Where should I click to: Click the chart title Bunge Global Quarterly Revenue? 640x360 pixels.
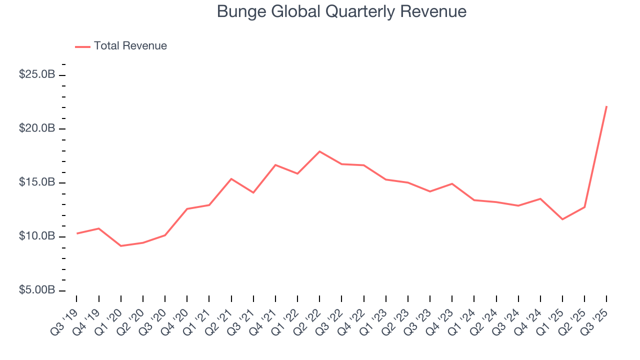click(341, 11)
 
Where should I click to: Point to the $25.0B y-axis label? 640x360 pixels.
click(37, 74)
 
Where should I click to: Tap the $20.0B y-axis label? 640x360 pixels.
click(37, 128)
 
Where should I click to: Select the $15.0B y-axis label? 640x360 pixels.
click(37, 182)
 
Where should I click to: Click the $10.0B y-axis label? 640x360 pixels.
click(37, 236)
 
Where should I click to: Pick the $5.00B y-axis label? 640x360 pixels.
click(37, 290)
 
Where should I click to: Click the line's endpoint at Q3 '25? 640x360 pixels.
click(606, 106)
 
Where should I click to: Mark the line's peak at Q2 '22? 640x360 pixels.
click(319, 151)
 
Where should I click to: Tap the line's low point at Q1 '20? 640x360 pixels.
click(120, 246)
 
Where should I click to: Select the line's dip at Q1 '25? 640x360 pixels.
click(562, 219)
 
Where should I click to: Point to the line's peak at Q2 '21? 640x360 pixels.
click(231, 178)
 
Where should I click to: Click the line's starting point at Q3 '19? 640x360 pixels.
click(76, 233)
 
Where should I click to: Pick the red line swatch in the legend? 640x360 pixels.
click(82, 46)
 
